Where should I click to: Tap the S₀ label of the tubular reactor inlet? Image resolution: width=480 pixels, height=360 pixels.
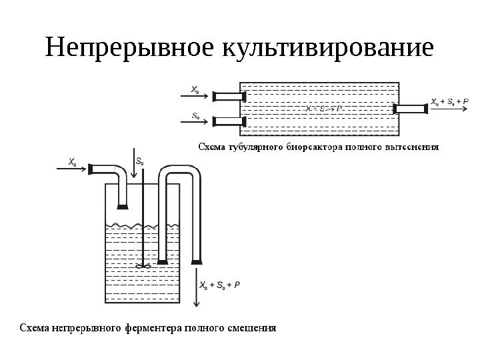pos(195,114)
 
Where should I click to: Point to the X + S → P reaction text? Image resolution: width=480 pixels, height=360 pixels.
pos(320,109)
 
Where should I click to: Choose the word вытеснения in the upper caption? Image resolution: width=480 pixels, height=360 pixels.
pos(413,145)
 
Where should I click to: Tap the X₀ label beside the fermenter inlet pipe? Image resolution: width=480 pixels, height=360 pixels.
pos(72,161)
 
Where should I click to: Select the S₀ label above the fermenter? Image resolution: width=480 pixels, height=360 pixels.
pos(139,161)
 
